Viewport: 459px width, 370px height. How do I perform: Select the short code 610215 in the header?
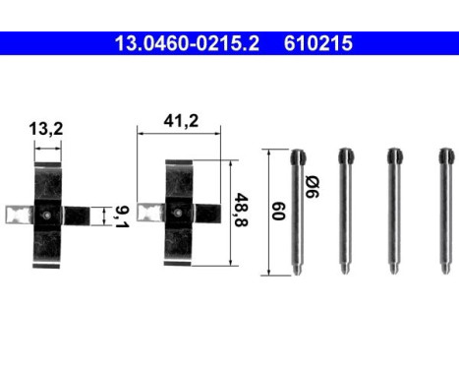(x=318, y=43)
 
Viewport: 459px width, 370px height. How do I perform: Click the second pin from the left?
(x=345, y=212)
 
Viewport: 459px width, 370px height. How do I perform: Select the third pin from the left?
(x=395, y=212)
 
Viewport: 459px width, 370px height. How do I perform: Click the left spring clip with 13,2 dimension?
(x=47, y=211)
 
